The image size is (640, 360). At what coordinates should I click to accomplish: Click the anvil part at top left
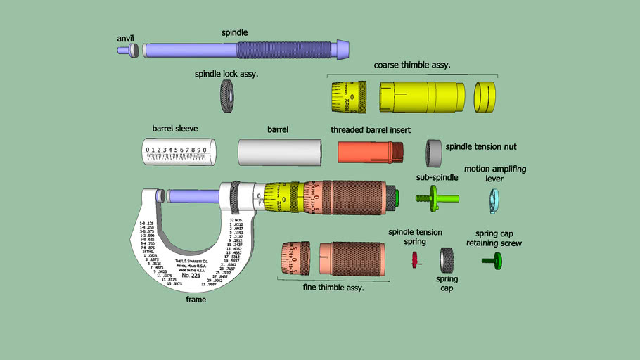pos(130,50)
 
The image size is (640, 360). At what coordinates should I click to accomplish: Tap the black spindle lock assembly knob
pos(228,92)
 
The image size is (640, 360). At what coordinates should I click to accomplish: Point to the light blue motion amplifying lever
pos(494,200)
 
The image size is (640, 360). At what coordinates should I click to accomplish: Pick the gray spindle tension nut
pos(434,150)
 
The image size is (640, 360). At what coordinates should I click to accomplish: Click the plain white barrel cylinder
pos(280,151)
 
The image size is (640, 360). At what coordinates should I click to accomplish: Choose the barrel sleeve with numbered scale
pos(179,151)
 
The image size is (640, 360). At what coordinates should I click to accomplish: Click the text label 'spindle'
pos(234,32)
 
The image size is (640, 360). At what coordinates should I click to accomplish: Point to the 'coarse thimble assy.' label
pos(411,65)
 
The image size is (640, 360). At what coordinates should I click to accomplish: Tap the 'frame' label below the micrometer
pos(196,300)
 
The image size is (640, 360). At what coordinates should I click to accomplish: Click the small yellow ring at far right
pos(485,97)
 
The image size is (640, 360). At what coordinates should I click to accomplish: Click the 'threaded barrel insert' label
pos(371,130)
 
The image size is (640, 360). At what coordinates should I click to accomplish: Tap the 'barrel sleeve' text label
pos(175,129)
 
